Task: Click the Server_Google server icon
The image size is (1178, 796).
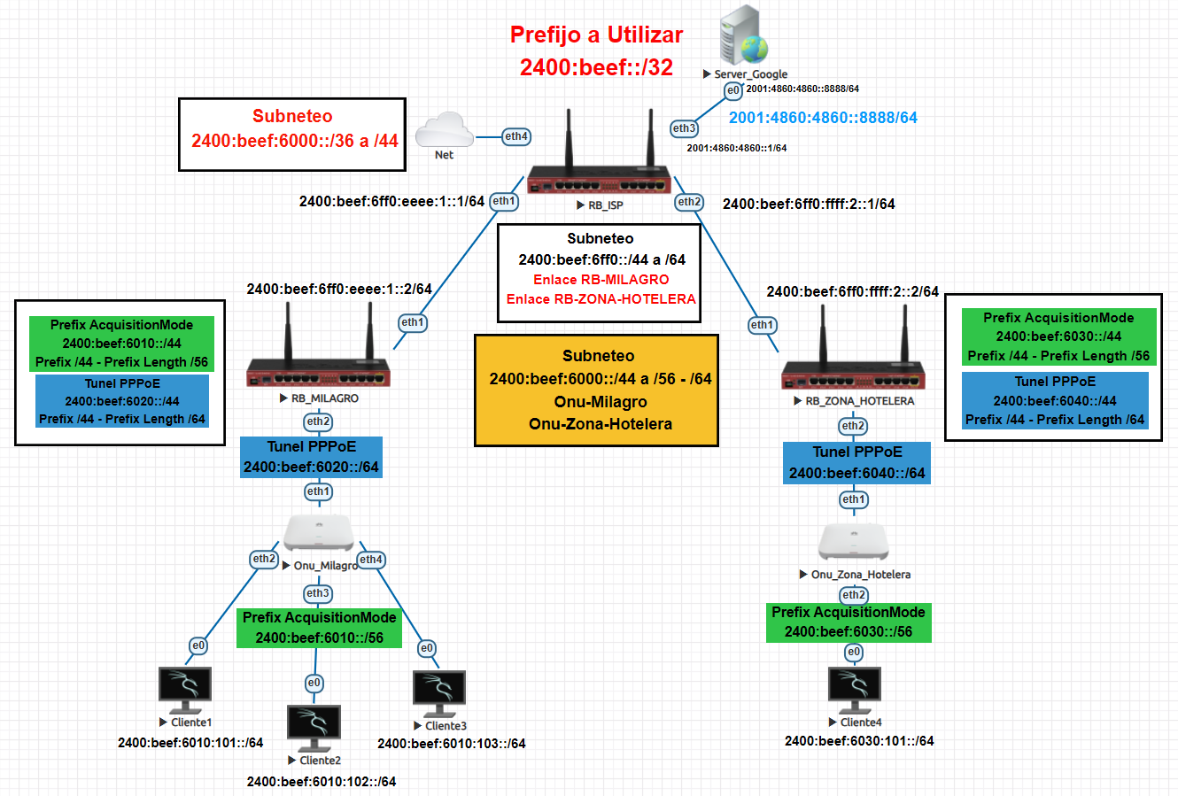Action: point(742,35)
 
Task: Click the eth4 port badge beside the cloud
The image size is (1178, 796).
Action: point(516,136)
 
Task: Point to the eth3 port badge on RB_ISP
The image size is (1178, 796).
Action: point(684,128)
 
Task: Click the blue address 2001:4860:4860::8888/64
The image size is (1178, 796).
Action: point(823,118)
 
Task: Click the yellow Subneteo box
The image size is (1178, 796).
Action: point(597,390)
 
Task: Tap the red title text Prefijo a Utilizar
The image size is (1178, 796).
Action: point(596,35)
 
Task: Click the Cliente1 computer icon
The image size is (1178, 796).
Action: point(185,689)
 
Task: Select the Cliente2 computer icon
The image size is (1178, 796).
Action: point(314,727)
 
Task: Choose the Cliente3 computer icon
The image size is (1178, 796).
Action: point(439,692)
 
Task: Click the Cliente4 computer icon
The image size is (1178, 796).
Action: point(854,690)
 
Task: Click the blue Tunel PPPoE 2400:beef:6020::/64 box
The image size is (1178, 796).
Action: point(311,457)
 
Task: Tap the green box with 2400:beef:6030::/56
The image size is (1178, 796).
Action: point(848,622)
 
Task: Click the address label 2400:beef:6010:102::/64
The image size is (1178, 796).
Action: point(322,782)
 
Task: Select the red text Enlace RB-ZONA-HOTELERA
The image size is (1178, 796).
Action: point(601,299)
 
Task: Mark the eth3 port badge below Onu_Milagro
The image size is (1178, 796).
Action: point(317,593)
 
